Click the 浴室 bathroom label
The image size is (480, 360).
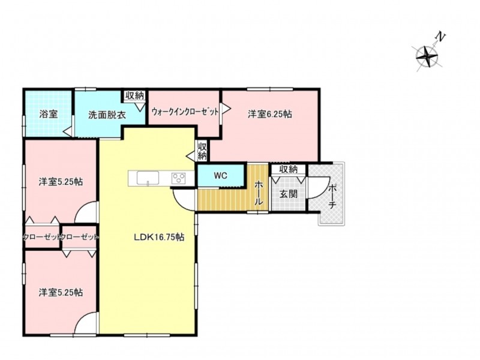49,115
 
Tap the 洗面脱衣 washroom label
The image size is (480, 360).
107,115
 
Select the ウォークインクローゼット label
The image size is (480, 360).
185,112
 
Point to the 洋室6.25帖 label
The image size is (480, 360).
269,114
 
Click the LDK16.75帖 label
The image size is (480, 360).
159,237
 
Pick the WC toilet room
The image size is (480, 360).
221,175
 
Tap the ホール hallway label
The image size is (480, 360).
259,193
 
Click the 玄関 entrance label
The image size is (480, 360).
289,194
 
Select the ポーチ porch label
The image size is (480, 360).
332,197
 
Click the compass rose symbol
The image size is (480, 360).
427,56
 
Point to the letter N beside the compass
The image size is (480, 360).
440,37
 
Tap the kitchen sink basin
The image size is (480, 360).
148,178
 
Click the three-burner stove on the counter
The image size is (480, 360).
178,178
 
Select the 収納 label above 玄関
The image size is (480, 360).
289,169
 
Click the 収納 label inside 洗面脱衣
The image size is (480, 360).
134,96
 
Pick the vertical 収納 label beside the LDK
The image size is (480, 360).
202,151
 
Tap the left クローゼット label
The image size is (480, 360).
42,237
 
